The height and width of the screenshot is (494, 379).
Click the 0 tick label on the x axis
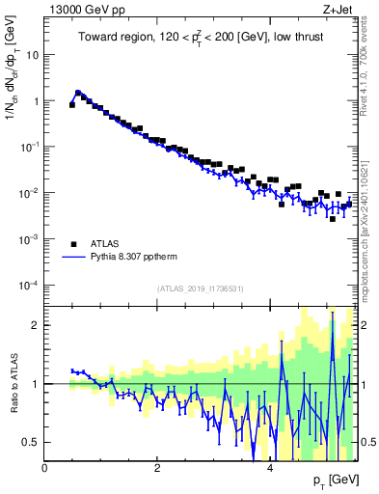[x=45, y=468]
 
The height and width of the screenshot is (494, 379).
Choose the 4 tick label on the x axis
[x=269, y=468]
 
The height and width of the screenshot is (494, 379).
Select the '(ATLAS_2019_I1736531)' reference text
[x=200, y=288]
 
